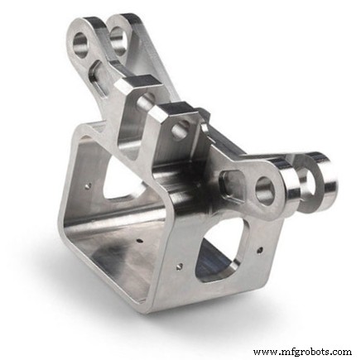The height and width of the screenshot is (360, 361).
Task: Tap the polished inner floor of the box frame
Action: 124,257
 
